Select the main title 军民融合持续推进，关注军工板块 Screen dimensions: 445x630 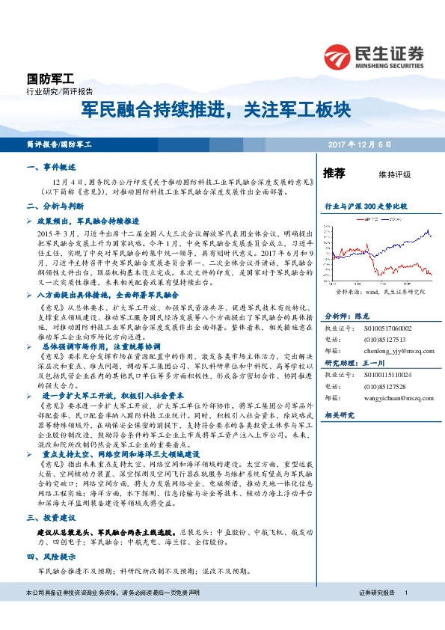coord(216,111)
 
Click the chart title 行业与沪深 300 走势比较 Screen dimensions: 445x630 coord(365,204)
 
